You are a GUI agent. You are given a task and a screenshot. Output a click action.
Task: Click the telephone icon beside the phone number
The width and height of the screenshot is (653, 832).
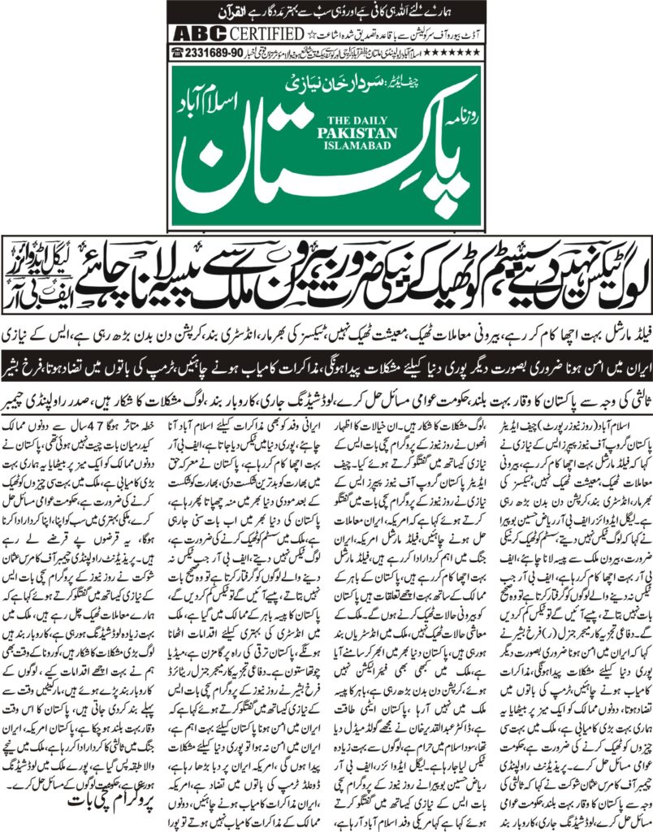click(176, 51)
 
